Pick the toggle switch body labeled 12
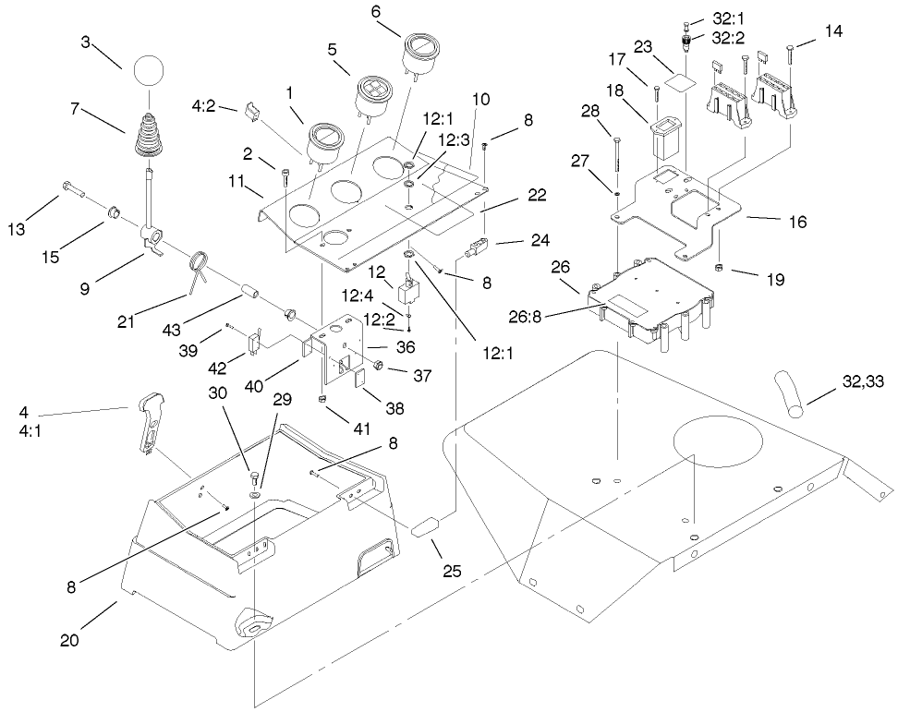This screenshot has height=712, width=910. (x=408, y=293)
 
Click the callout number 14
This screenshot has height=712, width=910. (x=833, y=31)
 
